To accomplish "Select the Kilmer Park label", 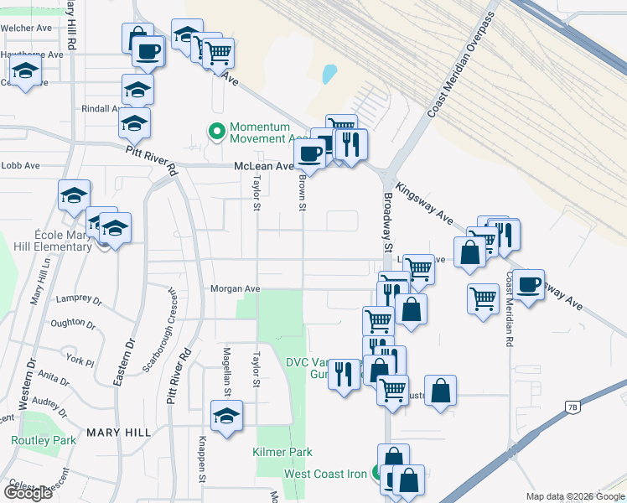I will [x=282, y=453].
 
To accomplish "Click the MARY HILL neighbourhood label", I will [x=118, y=433].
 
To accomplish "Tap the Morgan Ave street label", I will [x=235, y=289].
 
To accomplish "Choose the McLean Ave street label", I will [x=262, y=166].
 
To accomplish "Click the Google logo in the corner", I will [x=28, y=493].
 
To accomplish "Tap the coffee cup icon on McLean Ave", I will [x=309, y=154].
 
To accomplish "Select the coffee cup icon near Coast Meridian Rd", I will [x=529, y=285].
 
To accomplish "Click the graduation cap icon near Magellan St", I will [x=226, y=416].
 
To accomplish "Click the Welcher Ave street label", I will [x=27, y=28].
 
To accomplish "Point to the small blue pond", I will [x=328, y=75].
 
